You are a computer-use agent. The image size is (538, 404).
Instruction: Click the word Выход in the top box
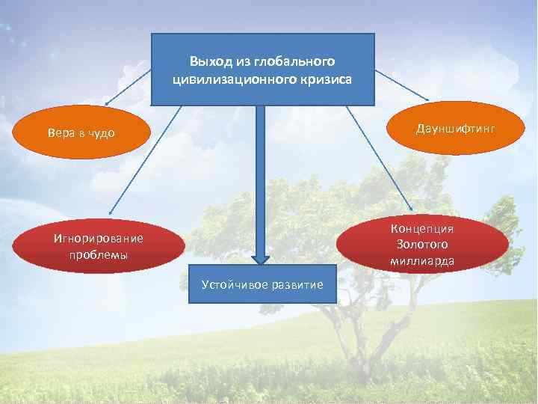(x=206, y=61)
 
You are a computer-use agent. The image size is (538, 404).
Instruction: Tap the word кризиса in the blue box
(x=319, y=78)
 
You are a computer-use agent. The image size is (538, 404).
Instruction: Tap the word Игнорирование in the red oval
(x=97, y=239)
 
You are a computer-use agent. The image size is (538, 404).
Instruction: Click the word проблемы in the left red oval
(x=97, y=254)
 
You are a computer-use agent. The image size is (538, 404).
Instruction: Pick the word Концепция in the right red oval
(x=422, y=228)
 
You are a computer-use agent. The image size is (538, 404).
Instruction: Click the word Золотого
(x=422, y=244)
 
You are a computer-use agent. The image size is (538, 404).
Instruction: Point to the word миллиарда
(x=422, y=260)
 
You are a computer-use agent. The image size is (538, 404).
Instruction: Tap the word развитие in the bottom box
(x=299, y=284)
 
